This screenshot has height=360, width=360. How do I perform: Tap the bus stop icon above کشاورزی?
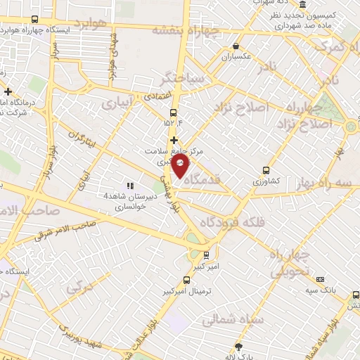click(266, 169)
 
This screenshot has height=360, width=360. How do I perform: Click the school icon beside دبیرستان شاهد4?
click(130, 186)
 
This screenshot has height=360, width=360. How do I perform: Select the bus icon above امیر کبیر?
click(206, 255)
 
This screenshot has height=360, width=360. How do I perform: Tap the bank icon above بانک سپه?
click(321, 279)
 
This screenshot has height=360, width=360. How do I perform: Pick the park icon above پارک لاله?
click(238, 346)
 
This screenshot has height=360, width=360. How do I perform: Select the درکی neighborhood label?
click(80, 288)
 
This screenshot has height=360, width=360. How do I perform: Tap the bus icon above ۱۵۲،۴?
click(174, 112)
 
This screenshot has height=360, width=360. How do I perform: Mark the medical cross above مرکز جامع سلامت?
click(174, 140)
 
